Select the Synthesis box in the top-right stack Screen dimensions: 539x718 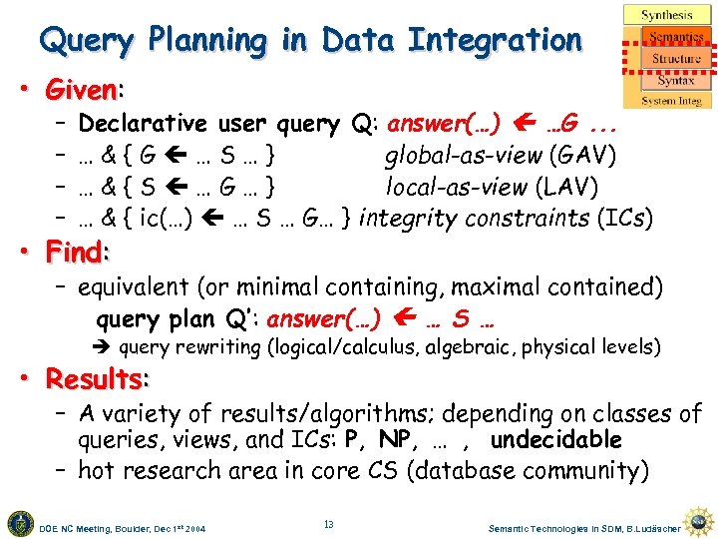click(x=667, y=15)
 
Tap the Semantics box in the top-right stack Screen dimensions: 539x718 click(x=676, y=37)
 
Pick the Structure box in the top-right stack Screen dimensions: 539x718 click(x=676, y=59)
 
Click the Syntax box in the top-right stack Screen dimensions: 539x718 click(x=675, y=80)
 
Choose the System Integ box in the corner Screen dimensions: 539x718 click(x=671, y=100)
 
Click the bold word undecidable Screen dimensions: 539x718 click(x=555, y=440)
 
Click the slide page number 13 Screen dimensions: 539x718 click(x=329, y=524)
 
